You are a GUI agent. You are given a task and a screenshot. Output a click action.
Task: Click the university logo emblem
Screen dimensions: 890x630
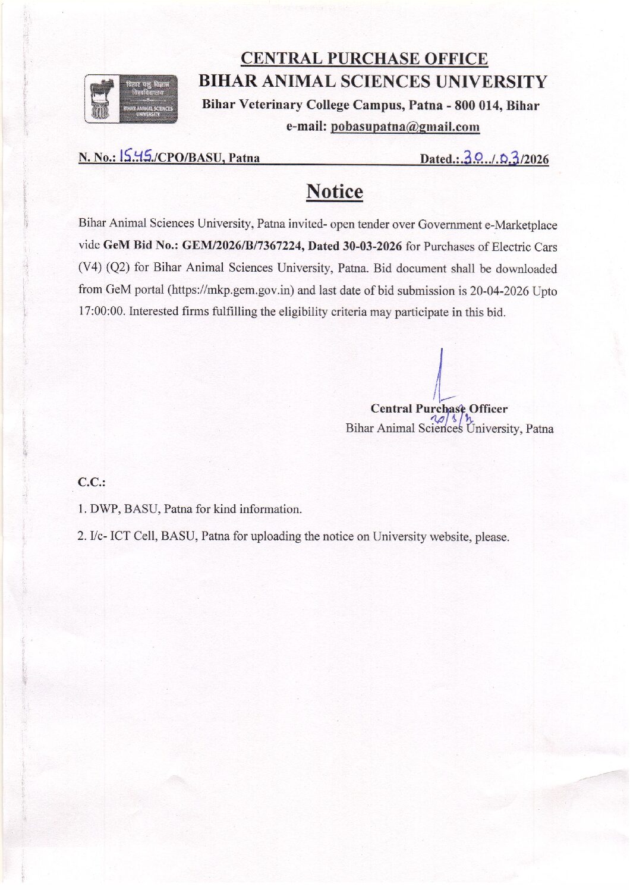pos(131,99)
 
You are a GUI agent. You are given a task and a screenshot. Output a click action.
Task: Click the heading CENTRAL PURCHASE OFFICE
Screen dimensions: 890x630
pos(364,59)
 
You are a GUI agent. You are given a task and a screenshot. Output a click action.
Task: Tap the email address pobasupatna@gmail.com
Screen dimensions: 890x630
pos(405,127)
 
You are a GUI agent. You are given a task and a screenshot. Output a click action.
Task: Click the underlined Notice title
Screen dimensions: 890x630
pos(334,191)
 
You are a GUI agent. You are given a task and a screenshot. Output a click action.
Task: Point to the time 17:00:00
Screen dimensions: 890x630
pos(102,312)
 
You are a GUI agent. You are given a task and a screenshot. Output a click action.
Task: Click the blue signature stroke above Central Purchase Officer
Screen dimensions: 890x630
pos(440,375)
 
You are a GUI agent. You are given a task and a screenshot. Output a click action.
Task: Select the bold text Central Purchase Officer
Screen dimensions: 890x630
pos(439,408)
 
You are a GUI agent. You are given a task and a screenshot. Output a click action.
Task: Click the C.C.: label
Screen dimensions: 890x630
pos(92,482)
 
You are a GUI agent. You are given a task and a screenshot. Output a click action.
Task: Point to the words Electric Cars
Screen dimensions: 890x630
pos(524,247)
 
